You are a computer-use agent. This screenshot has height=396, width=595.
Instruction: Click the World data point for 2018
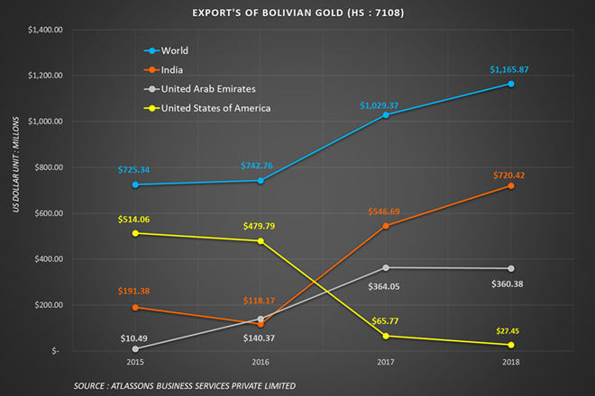[x=511, y=84]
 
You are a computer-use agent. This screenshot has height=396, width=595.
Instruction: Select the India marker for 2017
[x=386, y=226]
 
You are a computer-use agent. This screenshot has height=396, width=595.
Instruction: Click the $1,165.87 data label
[x=511, y=69]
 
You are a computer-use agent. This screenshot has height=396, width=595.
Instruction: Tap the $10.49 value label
[x=135, y=337]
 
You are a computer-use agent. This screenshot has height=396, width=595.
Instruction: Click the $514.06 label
[x=135, y=219]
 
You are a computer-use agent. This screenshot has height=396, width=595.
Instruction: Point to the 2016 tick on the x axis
[x=261, y=362]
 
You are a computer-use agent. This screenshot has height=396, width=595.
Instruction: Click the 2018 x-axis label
[x=511, y=362]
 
